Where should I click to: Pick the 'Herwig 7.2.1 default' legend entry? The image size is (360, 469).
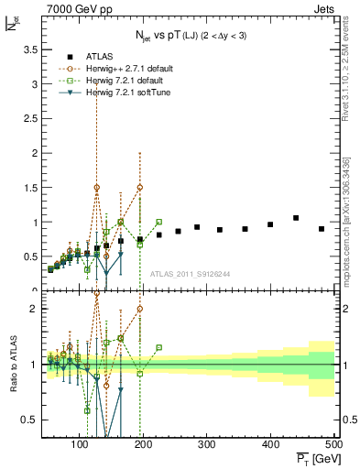106,81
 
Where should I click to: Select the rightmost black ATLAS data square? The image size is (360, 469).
322,229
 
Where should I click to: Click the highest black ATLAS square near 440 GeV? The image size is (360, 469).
296,218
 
